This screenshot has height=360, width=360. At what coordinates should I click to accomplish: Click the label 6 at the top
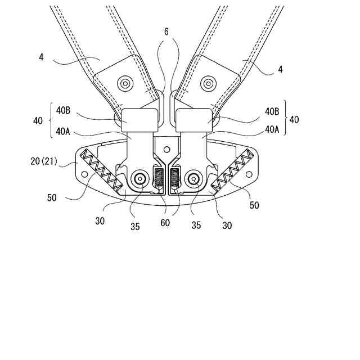166,33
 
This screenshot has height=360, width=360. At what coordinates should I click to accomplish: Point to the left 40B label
63,111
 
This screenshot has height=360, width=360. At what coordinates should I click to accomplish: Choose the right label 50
254,206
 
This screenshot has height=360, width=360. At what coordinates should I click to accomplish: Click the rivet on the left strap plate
124,84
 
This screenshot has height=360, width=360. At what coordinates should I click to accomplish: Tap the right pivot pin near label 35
194,179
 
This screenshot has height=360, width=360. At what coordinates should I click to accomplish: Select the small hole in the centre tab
166,149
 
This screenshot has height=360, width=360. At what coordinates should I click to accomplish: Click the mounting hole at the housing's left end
85,175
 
